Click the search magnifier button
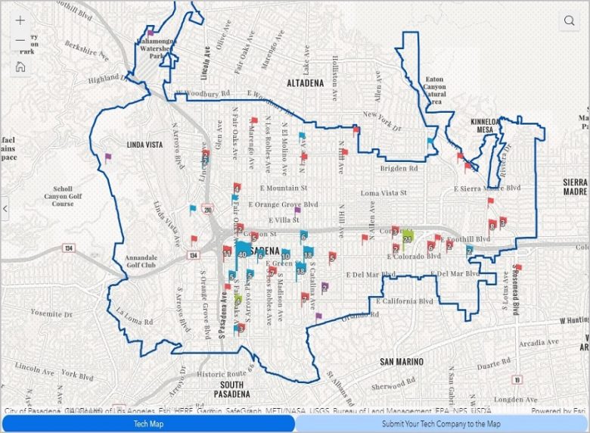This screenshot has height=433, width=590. pyautogui.click(x=569, y=21)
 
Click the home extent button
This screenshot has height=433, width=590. pyautogui.click(x=20, y=67)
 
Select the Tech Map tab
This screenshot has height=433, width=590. pyautogui.click(x=148, y=424)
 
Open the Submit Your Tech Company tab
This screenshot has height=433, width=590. pyautogui.click(x=441, y=424)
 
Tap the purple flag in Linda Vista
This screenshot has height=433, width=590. pyautogui.click(x=107, y=157)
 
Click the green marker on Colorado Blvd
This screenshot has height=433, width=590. pyautogui.click(x=407, y=237)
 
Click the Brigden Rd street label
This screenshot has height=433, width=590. pyautogui.click(x=398, y=168)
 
